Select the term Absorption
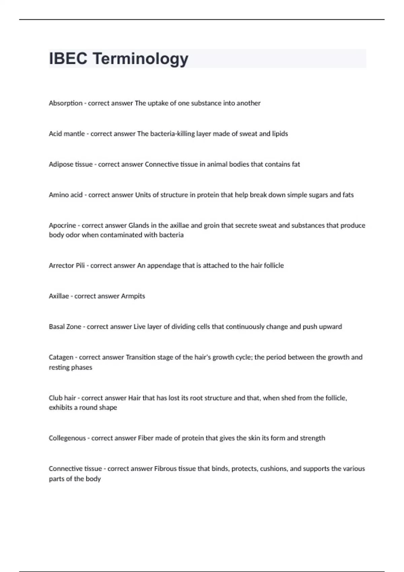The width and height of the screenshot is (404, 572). coord(66,103)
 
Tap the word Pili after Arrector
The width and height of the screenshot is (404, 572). coord(80,265)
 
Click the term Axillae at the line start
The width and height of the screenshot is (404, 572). coord(59,296)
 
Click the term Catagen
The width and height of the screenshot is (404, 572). coord(61,357)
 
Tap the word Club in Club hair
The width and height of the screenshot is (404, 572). coord(55,398)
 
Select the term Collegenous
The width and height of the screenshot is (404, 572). coord(67,438)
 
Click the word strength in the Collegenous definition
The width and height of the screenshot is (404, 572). coord(312,438)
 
